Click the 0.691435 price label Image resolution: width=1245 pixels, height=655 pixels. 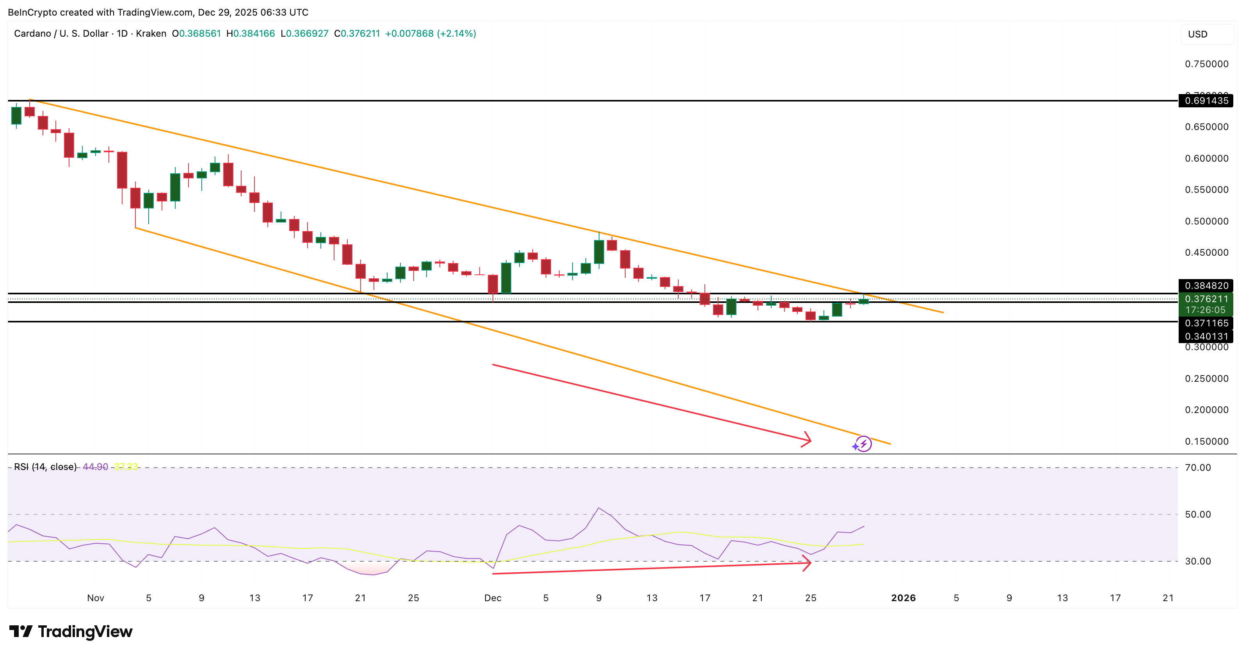1206,101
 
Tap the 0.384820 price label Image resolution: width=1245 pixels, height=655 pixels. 1206,286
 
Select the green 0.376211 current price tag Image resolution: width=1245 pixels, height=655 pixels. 1206,304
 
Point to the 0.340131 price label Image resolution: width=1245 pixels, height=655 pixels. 1206,336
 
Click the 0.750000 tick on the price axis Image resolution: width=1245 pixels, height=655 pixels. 1206,64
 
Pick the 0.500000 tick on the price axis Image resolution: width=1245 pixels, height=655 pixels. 1206,221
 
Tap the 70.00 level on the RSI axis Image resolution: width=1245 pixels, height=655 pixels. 1198,468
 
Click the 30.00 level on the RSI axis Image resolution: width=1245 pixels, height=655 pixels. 1198,561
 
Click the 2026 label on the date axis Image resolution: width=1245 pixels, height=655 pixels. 903,598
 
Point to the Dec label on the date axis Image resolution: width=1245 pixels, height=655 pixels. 493,598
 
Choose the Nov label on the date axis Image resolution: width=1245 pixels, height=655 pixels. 96,598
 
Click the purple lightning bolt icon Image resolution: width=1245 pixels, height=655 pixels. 863,443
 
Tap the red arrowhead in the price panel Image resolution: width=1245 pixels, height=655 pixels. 807,440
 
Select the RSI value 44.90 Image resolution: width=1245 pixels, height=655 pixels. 95,467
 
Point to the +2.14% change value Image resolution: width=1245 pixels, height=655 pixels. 456,33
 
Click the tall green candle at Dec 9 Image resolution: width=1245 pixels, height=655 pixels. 599,252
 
